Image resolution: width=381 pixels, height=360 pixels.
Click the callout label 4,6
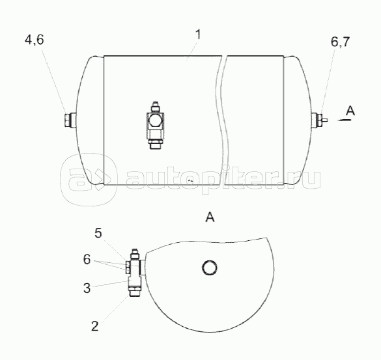coord(35,40)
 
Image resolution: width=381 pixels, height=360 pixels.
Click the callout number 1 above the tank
coord(198,35)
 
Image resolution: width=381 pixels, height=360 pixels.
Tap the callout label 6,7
coord(340,42)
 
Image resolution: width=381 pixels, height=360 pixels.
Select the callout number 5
coord(98,233)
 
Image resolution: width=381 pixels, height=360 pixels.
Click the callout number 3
coord(87,288)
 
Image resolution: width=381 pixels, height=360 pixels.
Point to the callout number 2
coord(95,326)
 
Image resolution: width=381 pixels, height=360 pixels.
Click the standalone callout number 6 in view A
coord(87,260)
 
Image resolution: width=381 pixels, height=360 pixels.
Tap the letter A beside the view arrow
coord(350,111)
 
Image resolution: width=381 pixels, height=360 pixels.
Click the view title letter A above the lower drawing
coord(210,217)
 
